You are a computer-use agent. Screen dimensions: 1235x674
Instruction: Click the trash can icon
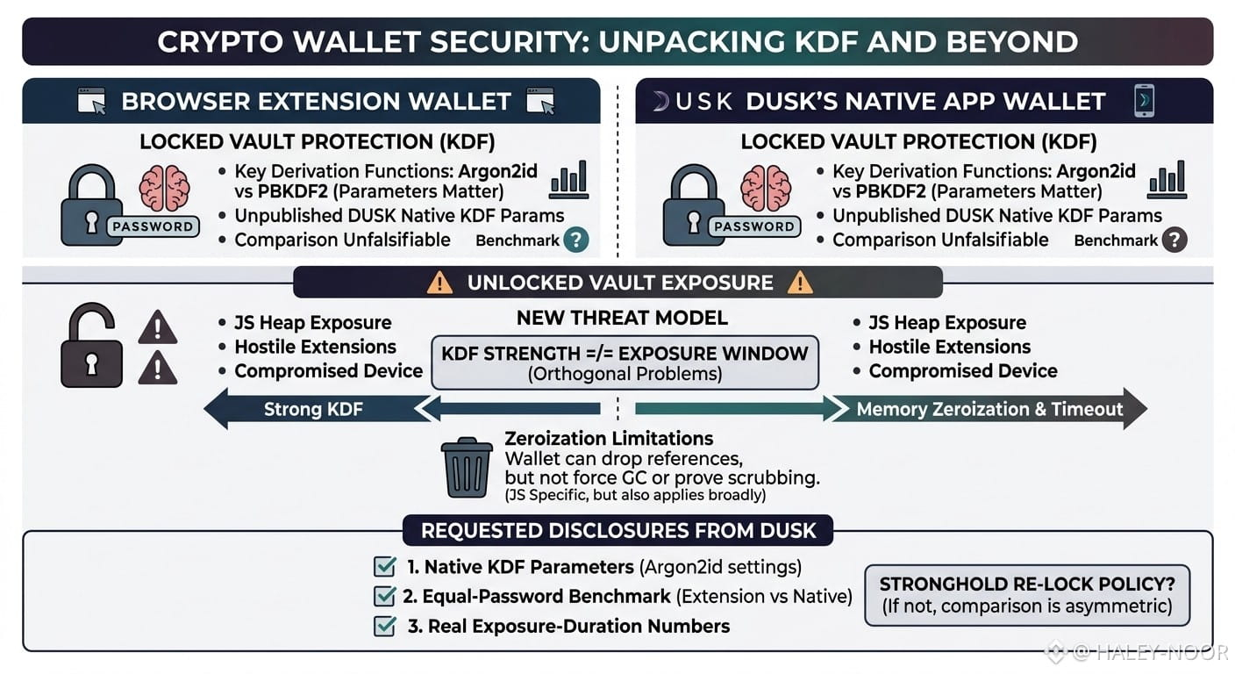pyautogui.click(x=467, y=468)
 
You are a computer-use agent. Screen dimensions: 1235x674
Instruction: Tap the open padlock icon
pyautogui.click(x=91, y=345)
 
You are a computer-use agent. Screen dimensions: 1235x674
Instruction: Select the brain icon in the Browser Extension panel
pyautogui.click(x=164, y=189)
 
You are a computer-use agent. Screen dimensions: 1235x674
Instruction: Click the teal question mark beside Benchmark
pyautogui.click(x=576, y=240)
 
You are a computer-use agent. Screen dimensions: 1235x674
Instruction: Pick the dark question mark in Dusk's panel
pyautogui.click(x=1174, y=240)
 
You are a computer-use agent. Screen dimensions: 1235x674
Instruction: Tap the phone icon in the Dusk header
pyautogui.click(x=1144, y=100)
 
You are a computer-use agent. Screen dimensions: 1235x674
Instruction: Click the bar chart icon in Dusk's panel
pyautogui.click(x=1167, y=180)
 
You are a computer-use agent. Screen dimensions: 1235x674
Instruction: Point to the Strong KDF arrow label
pyautogui.click(x=313, y=409)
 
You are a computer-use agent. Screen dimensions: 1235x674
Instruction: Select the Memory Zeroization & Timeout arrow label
pyautogui.click(x=989, y=409)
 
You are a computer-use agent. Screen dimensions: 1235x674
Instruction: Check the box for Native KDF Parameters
pyautogui.click(x=384, y=566)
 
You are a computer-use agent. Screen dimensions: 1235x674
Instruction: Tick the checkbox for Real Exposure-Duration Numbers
pyautogui.click(x=384, y=626)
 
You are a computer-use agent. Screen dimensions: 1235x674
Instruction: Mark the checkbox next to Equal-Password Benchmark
pyautogui.click(x=384, y=596)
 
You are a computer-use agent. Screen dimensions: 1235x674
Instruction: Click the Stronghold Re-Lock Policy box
pyautogui.click(x=1027, y=595)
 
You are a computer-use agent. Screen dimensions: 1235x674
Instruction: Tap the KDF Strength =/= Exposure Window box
pyautogui.click(x=625, y=362)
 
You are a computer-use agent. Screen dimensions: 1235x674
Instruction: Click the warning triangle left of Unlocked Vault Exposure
pyautogui.click(x=439, y=283)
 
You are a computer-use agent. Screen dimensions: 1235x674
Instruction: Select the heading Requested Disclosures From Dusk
pyautogui.click(x=618, y=531)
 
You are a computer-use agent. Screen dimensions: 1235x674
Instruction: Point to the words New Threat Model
pyautogui.click(x=622, y=318)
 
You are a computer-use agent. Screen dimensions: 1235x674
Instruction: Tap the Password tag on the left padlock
pyautogui.click(x=153, y=226)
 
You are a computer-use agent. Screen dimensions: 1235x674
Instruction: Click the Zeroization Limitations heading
pyautogui.click(x=609, y=439)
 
